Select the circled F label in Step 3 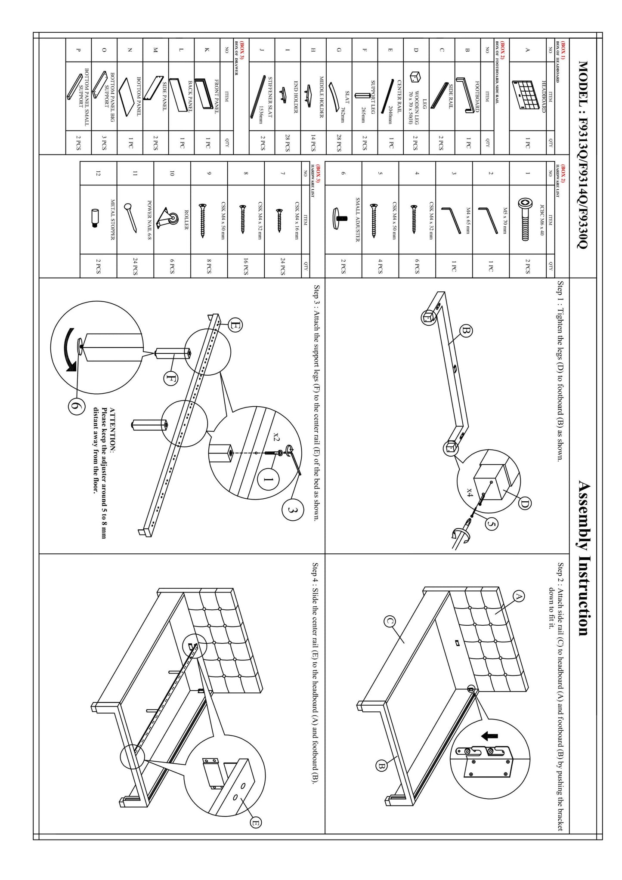(171, 378)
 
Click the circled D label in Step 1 (525, 503)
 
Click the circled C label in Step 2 (390, 621)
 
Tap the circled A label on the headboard (518, 596)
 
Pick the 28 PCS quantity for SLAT (339, 142)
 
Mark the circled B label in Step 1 (466, 331)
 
